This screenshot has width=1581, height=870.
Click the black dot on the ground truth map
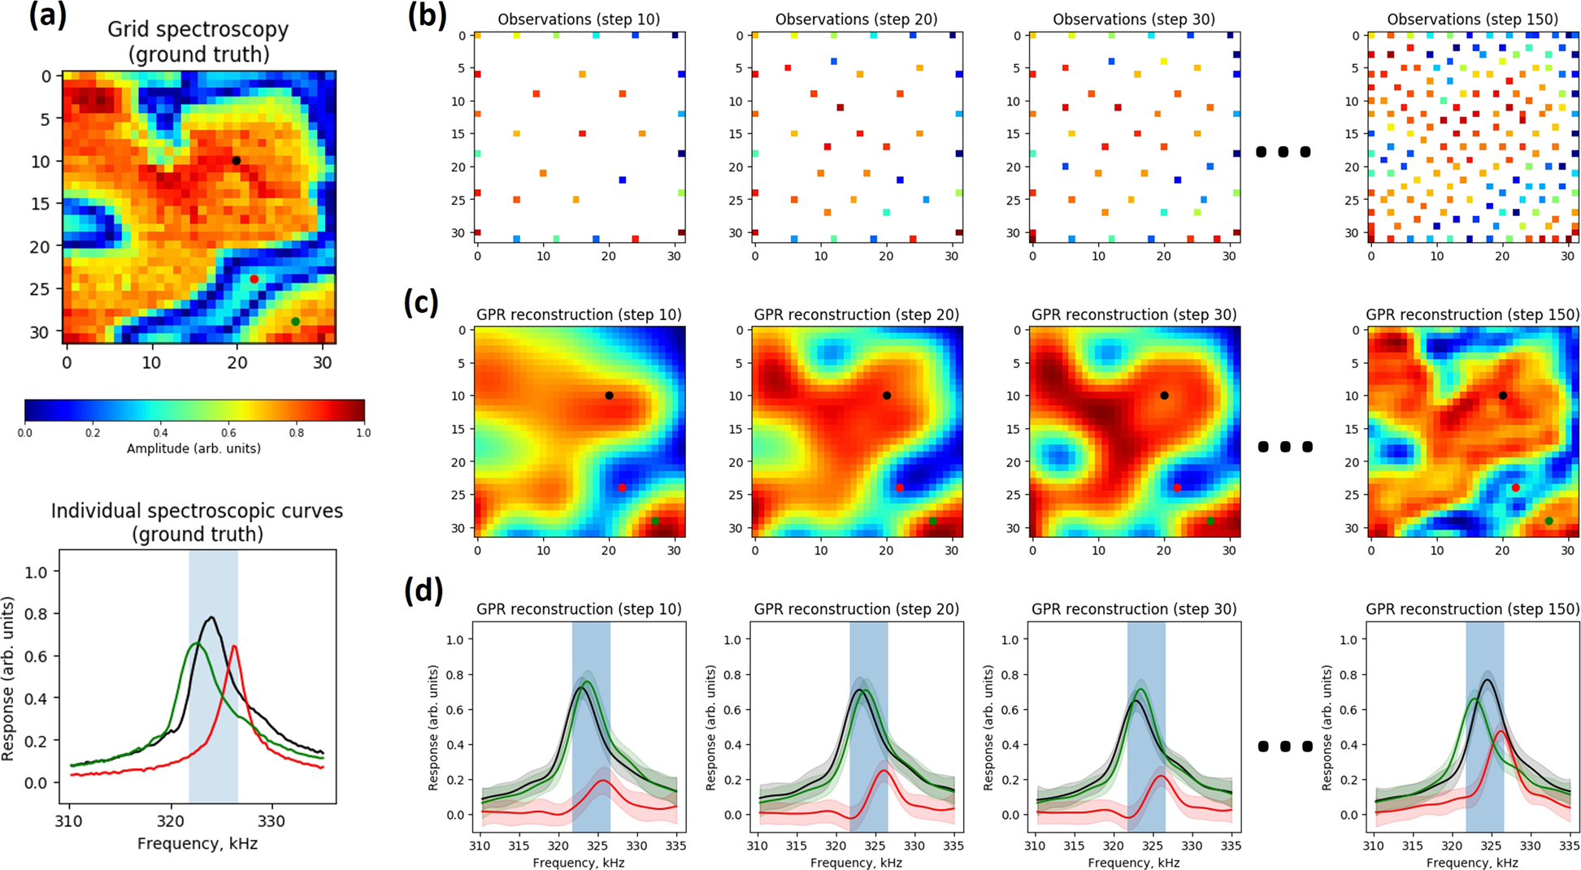(237, 161)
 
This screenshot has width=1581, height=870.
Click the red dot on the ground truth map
(254, 279)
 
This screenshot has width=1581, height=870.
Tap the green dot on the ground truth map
(296, 322)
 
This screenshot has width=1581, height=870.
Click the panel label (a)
(47, 16)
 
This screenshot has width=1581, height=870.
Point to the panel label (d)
(423, 591)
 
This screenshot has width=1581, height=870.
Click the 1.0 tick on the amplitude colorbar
(363, 433)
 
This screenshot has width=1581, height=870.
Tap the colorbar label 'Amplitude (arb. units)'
(193, 448)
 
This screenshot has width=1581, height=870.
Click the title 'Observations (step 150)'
(1472, 19)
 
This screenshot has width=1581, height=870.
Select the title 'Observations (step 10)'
(579, 19)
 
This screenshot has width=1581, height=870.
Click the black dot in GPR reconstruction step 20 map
(887, 396)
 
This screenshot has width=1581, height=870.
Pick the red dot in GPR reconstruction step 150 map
(1516, 488)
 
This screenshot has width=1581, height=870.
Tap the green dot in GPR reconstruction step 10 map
(655, 521)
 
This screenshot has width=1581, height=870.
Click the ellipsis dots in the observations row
(1283, 152)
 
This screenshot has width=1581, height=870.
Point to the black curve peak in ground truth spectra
(211, 617)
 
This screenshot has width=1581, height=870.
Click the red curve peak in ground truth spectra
(234, 646)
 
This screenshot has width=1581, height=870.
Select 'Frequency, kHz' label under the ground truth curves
(197, 844)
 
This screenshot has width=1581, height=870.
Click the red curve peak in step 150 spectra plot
(1500, 731)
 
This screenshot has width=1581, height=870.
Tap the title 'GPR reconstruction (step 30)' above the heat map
(1134, 314)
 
